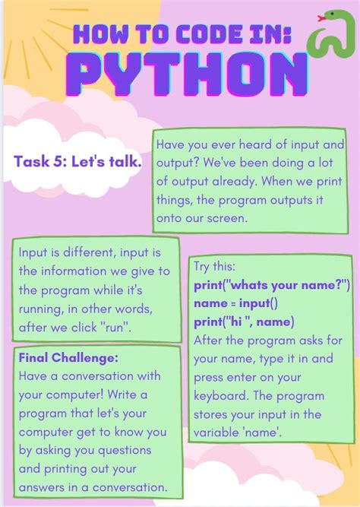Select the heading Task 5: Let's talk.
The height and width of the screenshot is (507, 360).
(77, 161)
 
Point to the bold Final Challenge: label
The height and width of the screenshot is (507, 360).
(58, 357)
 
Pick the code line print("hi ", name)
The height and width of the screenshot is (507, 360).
(244, 322)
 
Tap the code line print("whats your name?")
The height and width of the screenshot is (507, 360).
(270, 286)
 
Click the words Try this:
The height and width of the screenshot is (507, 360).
(215, 268)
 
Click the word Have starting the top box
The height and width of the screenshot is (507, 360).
(170, 144)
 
